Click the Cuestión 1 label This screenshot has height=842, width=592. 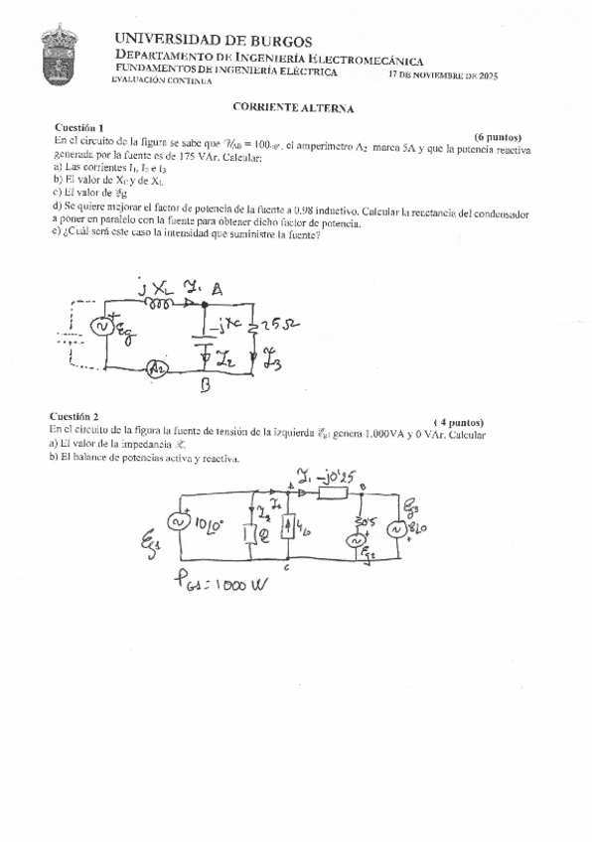tap(79, 128)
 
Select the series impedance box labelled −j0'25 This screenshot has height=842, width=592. tap(332, 490)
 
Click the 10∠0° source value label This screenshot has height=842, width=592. tap(213, 522)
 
